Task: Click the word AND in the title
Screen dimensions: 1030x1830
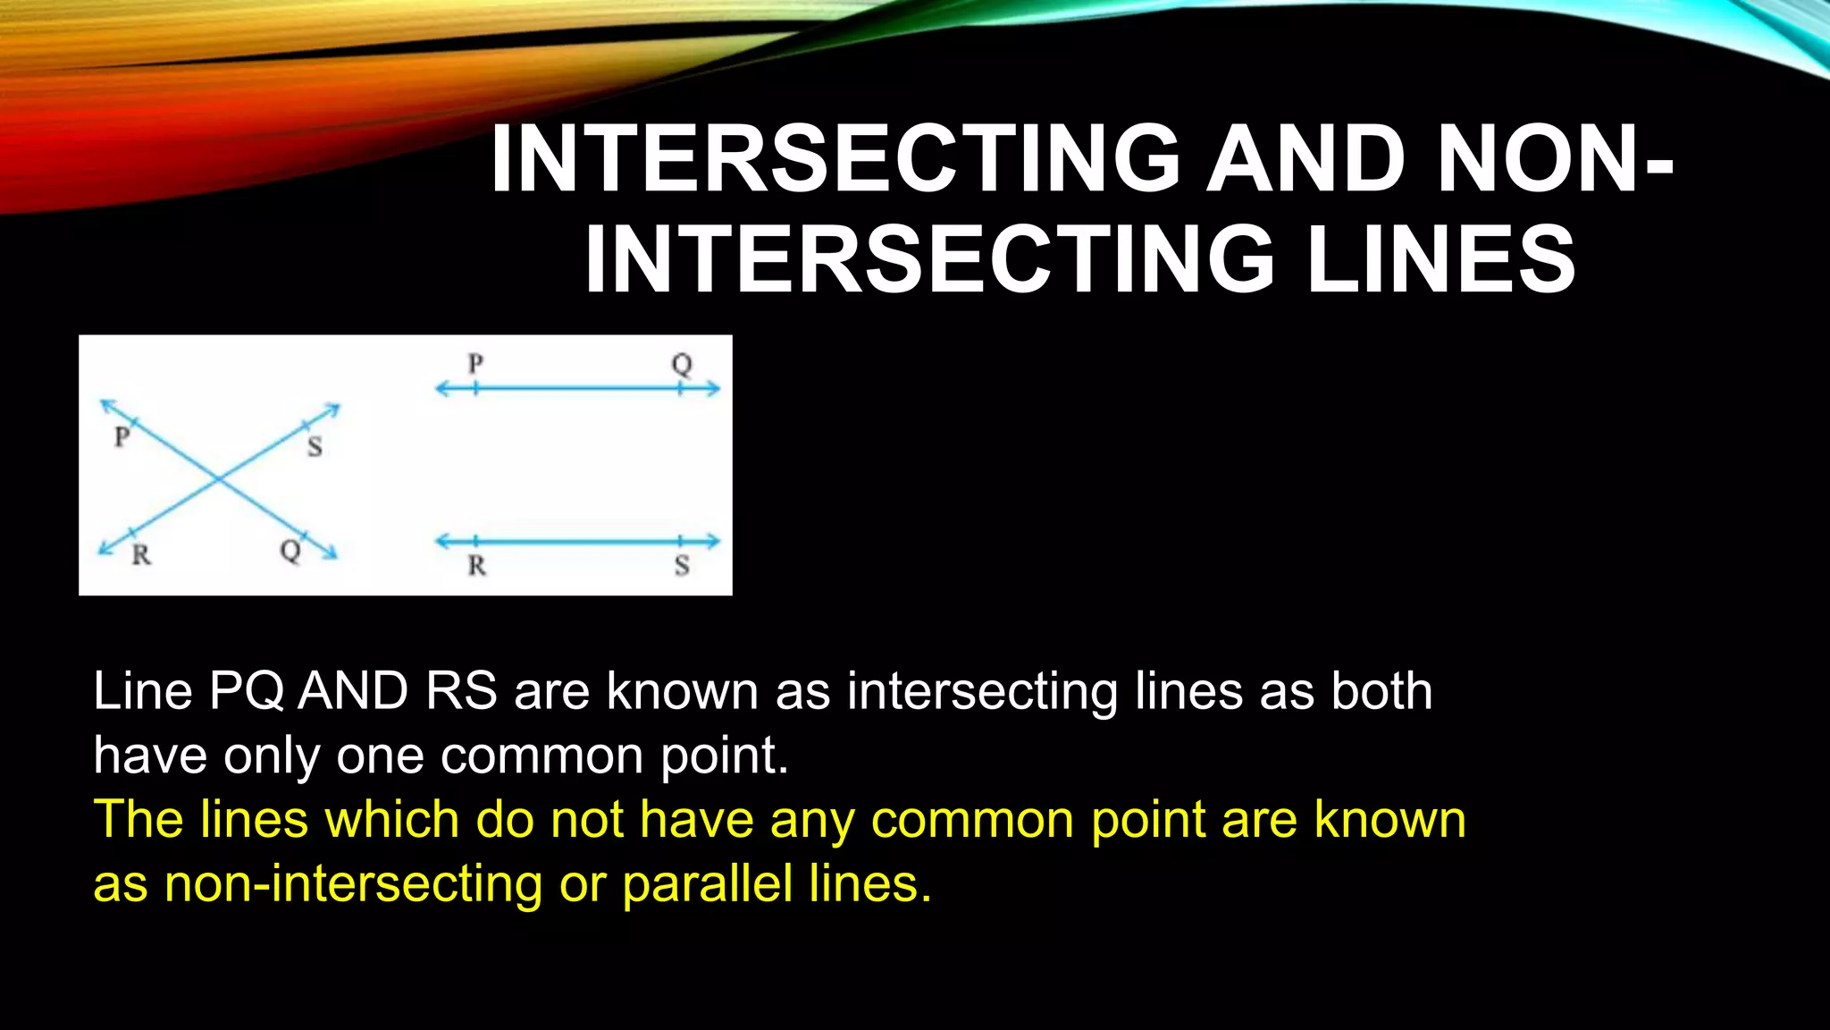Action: (1306, 159)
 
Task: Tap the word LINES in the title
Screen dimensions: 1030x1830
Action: (1440, 259)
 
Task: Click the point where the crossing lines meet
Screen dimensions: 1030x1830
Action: (219, 481)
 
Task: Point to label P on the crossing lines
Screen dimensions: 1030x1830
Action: (122, 436)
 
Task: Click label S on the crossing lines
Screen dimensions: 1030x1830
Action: (315, 446)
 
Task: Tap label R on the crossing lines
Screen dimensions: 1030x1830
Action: (141, 555)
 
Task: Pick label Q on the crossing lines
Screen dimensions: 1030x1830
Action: (290, 551)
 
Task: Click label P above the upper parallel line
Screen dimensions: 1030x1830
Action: (475, 364)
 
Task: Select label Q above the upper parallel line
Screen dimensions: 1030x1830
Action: (682, 364)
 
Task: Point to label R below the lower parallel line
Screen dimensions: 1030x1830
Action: (476, 566)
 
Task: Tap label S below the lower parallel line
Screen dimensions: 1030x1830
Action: (682, 566)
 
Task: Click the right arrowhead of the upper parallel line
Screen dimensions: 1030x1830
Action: (713, 389)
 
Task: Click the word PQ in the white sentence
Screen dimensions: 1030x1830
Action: (247, 691)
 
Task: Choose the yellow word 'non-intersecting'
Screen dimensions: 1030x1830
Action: (353, 884)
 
